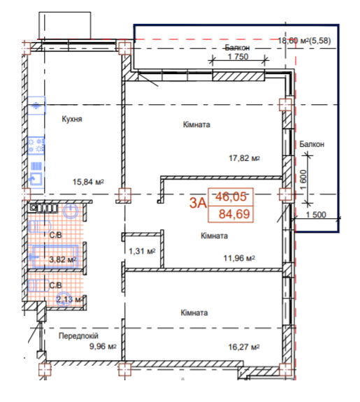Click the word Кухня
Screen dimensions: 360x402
pos(72,119)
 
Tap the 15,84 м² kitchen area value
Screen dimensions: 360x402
pos(88,182)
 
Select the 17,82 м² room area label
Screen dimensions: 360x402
pos(244,158)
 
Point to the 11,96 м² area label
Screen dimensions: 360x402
pos(239,258)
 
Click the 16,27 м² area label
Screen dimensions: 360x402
pos(244,347)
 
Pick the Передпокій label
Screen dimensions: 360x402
pos(78,336)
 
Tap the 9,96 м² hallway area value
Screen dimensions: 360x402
pos(103,346)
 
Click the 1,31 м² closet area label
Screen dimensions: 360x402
pos(142,251)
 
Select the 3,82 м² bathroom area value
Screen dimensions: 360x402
pos(63,259)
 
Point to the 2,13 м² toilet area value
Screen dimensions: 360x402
pos(69,299)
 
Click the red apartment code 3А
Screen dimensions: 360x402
pos(198,203)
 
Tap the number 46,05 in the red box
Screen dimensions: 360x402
pos(231,196)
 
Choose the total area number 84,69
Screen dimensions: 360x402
pos(234,214)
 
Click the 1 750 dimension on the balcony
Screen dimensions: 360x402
pos(238,57)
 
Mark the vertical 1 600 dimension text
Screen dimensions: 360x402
pos(303,180)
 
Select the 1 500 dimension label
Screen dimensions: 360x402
pos(316,215)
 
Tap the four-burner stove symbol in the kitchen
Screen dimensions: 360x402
pos(36,145)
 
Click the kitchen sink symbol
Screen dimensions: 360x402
pos(36,178)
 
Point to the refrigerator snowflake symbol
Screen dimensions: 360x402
pos(36,106)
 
